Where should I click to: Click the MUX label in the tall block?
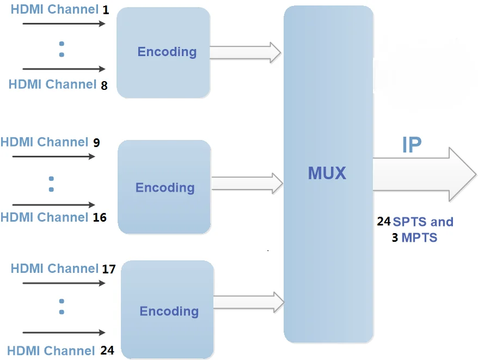327,173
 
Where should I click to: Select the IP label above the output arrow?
412,145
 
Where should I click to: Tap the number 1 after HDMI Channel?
106,10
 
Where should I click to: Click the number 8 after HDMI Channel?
104,86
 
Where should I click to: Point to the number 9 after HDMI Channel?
96,143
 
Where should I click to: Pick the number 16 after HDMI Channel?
100,218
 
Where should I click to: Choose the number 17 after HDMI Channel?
108,269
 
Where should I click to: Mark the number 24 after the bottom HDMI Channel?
107,351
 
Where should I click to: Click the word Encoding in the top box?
167,52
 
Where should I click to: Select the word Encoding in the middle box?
164,187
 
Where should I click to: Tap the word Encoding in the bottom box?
169,311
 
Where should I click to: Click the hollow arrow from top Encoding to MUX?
245,52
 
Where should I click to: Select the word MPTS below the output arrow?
419,238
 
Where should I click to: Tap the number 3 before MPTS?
395,238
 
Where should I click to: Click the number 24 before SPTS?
384,222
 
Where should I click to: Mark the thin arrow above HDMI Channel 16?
53,205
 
